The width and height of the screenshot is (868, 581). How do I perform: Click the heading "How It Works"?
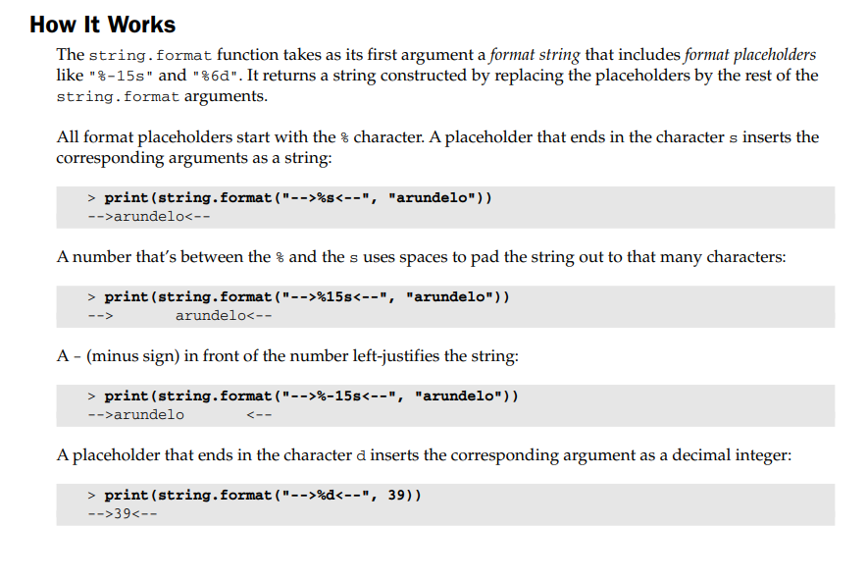pyautogui.click(x=102, y=25)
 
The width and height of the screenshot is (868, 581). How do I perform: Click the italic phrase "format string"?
pyautogui.click(x=535, y=55)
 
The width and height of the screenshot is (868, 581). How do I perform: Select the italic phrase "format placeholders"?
pyautogui.click(x=750, y=55)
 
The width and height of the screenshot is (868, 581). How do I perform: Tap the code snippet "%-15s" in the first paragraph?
pyautogui.click(x=121, y=76)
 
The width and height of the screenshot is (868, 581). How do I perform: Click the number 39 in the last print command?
pyautogui.click(x=396, y=495)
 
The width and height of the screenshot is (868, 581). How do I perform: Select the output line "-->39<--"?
pyautogui.click(x=123, y=514)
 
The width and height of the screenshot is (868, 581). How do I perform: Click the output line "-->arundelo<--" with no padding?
pyautogui.click(x=149, y=217)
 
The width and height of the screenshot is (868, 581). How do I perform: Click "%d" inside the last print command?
pyautogui.click(x=326, y=495)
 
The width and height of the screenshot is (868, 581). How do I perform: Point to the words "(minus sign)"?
pyautogui.click(x=132, y=356)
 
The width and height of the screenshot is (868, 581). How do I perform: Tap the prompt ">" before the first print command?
pyautogui.click(x=91, y=197)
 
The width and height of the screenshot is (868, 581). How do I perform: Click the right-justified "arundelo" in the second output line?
pyautogui.click(x=210, y=316)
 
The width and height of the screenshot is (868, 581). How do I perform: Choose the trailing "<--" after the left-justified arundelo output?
pyautogui.click(x=259, y=415)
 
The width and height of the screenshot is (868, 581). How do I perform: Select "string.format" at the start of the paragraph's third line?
pyautogui.click(x=118, y=97)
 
